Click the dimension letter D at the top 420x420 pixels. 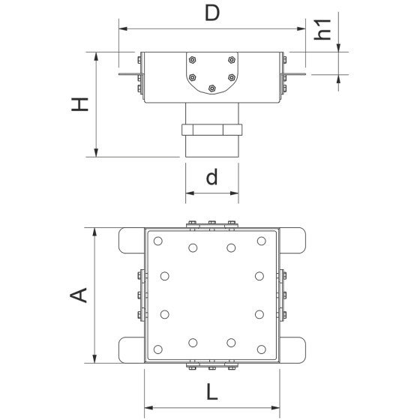(212, 13)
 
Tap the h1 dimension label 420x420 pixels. (322, 30)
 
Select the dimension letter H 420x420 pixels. (79, 104)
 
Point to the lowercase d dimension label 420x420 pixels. (211, 177)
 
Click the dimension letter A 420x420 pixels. (78, 295)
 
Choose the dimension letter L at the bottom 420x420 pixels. (212, 391)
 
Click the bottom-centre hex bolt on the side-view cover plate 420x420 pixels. (211, 88)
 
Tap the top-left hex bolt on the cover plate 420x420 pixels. (192, 60)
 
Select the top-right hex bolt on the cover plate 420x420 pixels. (232, 60)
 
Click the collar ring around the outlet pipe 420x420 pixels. (211, 130)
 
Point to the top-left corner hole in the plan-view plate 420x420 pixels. (158, 241)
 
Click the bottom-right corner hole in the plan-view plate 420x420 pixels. (262, 349)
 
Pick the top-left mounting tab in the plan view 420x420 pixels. (132, 241)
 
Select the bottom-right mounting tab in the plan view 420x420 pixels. (292, 350)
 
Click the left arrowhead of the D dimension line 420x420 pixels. (123, 28)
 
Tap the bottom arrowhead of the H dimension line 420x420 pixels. (97, 153)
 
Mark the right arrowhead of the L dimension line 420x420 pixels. (276, 408)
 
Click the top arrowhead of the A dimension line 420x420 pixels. (94, 232)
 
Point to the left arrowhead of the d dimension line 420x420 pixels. (190, 193)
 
